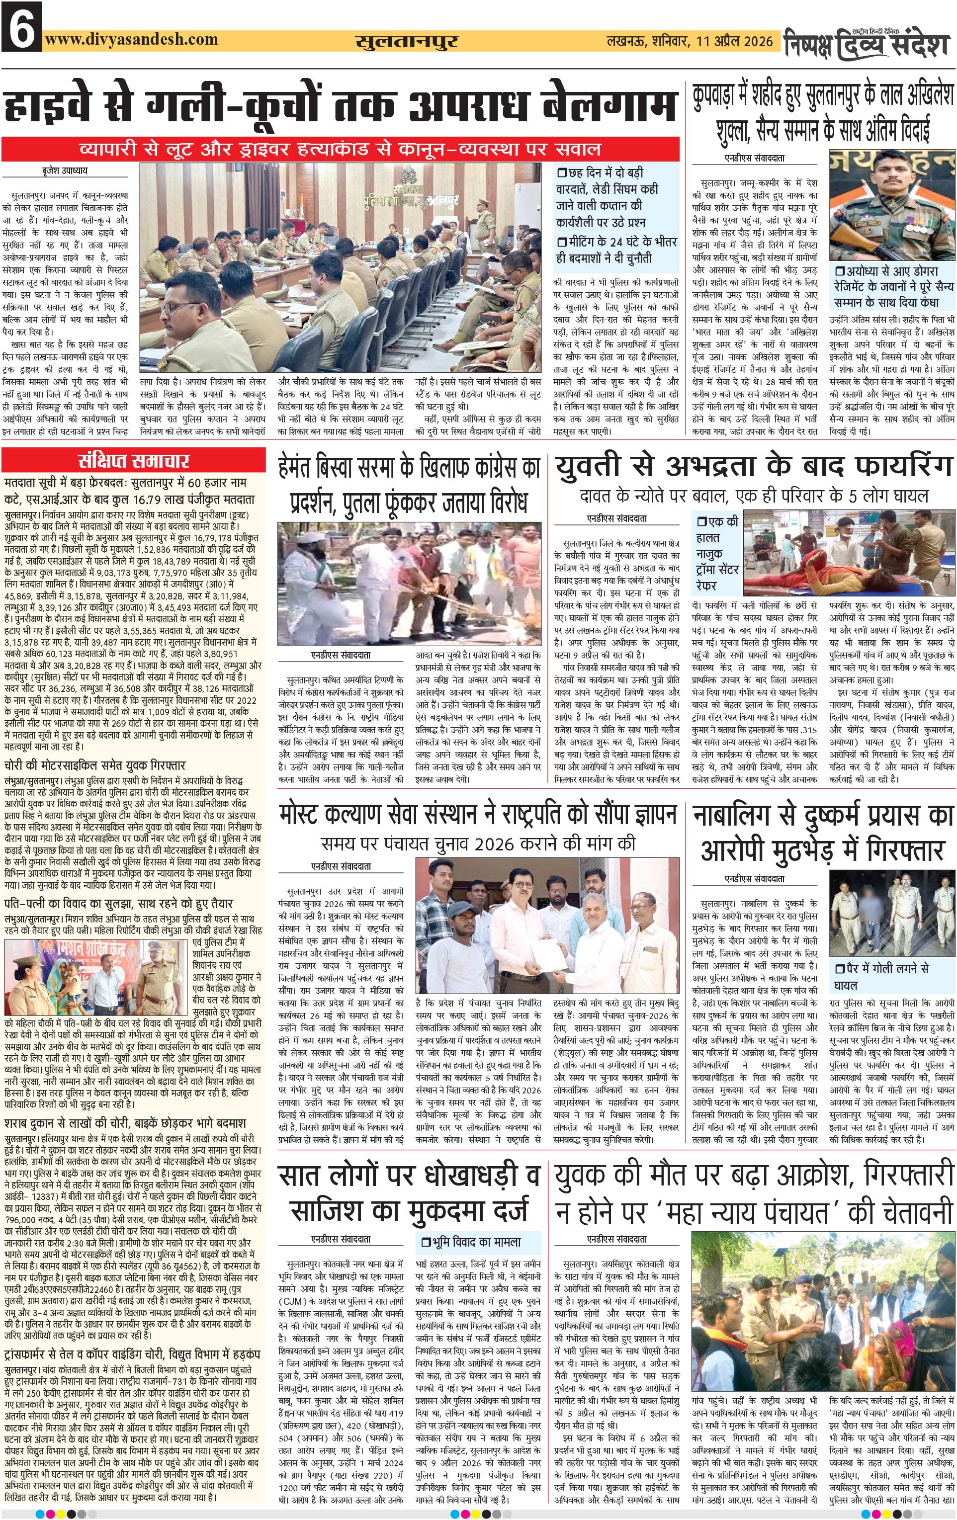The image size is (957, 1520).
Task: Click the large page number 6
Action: [21, 26]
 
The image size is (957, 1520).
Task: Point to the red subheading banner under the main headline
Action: [341, 150]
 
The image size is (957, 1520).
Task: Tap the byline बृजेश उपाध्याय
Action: [61, 170]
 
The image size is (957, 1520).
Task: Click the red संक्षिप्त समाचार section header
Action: [133, 460]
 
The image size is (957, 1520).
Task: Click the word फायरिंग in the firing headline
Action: [899, 467]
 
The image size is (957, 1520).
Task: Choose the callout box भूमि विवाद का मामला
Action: [477, 1242]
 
